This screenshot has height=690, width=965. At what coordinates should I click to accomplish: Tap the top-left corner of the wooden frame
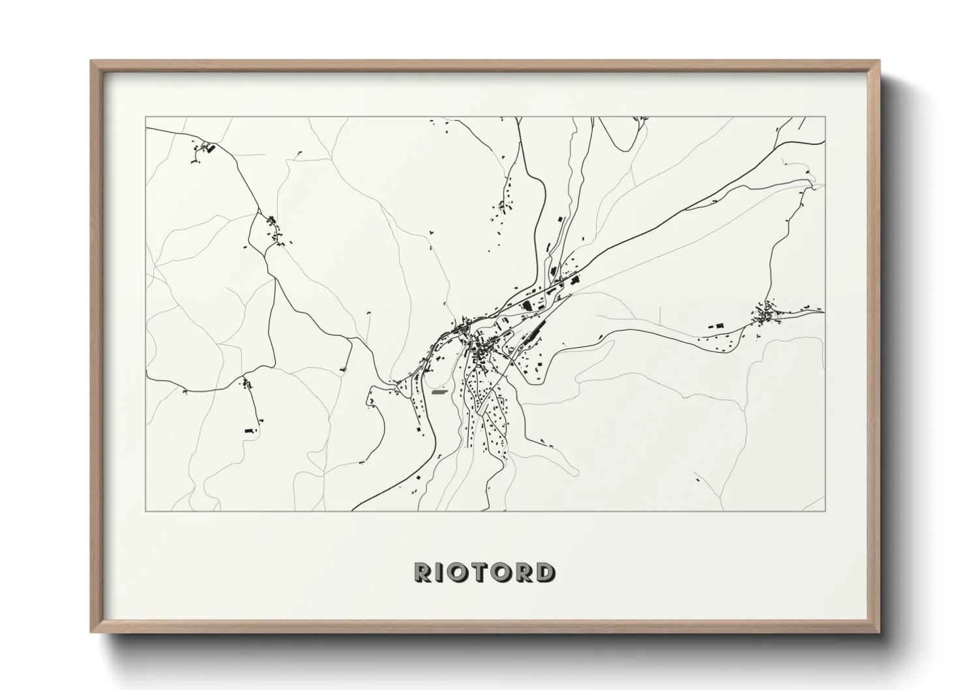(x=92, y=61)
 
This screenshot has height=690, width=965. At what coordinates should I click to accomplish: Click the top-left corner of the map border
(x=146, y=117)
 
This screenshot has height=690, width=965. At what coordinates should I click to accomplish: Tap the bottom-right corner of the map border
(x=825, y=511)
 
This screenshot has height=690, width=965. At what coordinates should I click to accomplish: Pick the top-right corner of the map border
(x=825, y=117)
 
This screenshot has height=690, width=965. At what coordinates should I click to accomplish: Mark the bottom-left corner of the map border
(x=146, y=511)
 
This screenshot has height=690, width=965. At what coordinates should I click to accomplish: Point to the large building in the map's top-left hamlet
(x=210, y=149)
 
